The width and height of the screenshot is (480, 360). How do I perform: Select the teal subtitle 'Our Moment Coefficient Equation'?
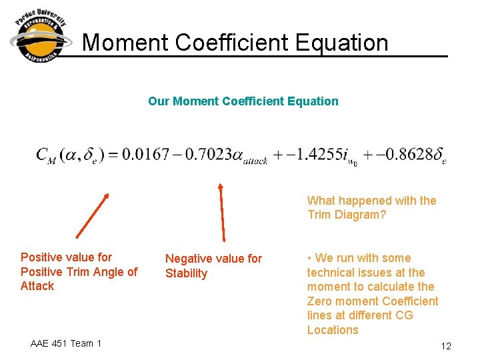pyautogui.click(x=243, y=101)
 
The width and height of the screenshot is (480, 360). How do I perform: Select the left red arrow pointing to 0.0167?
pyautogui.click(x=92, y=215)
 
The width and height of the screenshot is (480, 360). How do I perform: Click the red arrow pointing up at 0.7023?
pyautogui.click(x=222, y=211)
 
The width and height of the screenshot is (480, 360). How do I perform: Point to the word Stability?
pyautogui.click(x=186, y=273)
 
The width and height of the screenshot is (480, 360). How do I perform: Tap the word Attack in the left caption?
pyautogui.click(x=37, y=286)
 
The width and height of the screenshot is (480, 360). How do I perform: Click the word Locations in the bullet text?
pyautogui.click(x=333, y=330)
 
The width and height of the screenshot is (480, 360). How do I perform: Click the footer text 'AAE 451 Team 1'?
pyautogui.click(x=66, y=343)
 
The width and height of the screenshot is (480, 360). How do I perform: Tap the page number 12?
pyautogui.click(x=446, y=346)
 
